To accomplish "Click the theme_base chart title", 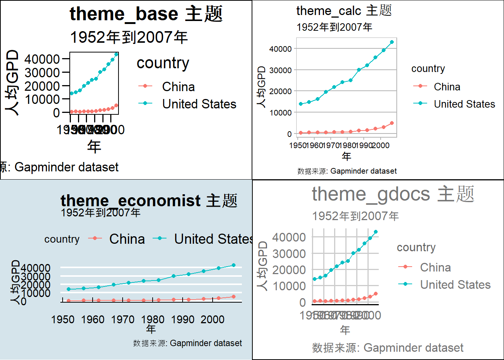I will pos(146,14).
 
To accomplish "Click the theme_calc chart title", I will pos(344,10).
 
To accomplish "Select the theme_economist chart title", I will pos(149,201).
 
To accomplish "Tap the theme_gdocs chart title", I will pos(393,194).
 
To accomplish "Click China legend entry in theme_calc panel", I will pos(447,87).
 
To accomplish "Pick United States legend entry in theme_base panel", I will pos(199,104).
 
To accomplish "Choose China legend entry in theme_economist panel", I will pos(127,239).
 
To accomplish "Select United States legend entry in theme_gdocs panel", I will pos(455,285).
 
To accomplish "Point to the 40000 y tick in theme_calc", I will pos(280,49).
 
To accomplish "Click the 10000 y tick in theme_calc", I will pos(280,112).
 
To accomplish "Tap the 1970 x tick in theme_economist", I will pos(123,319).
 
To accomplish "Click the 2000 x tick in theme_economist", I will pos(212,319).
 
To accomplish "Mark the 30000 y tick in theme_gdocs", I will pos(289,253).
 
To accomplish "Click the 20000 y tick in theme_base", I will pos(42,86).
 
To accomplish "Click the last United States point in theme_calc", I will pos(391,42).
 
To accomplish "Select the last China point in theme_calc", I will pos(391,123).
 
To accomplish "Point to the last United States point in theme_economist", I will pos(234,265).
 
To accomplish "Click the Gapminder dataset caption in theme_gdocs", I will pos(387,348).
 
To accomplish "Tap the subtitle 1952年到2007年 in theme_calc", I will pos(334,27).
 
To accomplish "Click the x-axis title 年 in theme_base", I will pos(94,146).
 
